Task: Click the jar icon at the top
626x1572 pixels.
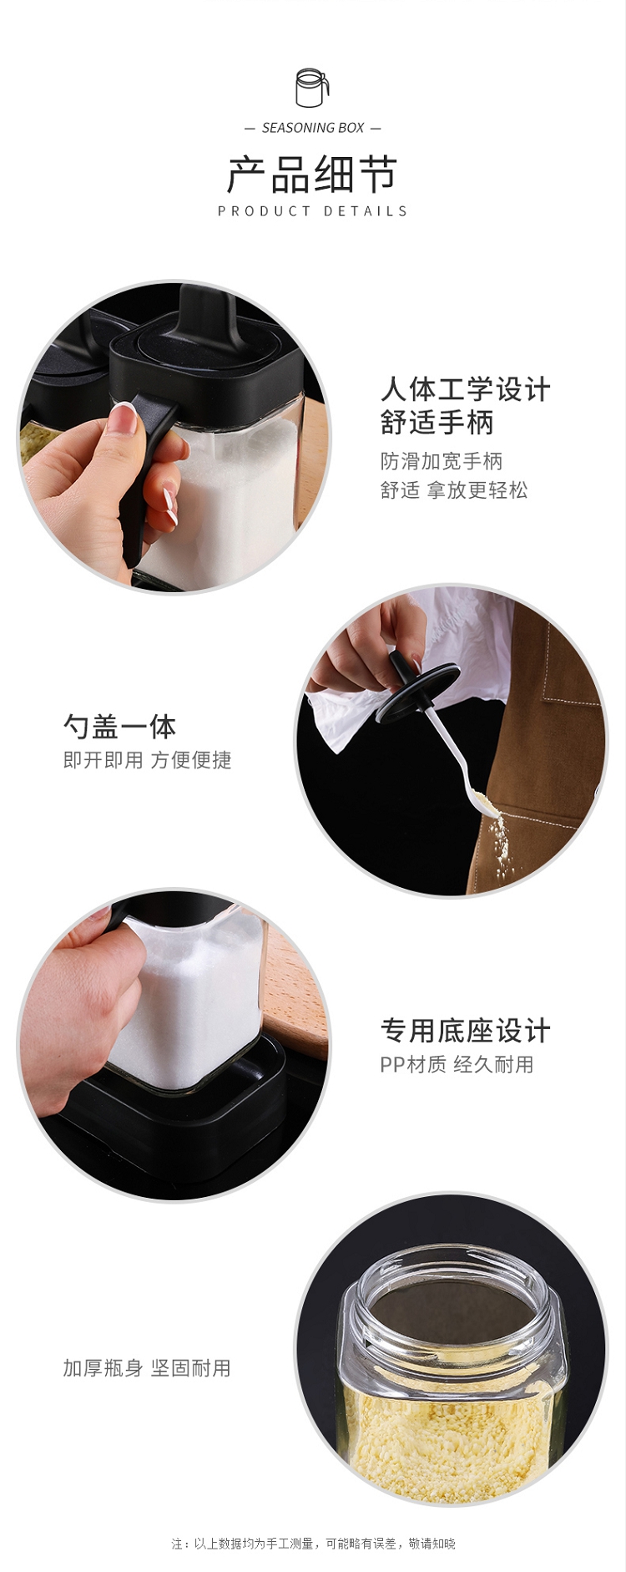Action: coord(312,88)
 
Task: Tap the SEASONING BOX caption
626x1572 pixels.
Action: coord(313,128)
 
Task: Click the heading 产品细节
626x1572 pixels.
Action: coord(312,175)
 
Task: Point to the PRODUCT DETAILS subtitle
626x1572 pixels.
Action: coord(312,211)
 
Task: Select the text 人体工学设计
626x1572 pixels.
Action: coord(466,389)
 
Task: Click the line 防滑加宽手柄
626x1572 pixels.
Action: coord(442,461)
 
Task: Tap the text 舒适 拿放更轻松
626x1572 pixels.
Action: coord(454,490)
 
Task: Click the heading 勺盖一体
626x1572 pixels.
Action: coord(120,727)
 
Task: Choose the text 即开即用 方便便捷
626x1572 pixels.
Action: coord(147,760)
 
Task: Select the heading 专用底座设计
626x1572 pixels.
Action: coord(466,1032)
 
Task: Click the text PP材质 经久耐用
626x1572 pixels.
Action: coord(457,1065)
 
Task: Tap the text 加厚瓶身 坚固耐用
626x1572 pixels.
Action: coord(147,1368)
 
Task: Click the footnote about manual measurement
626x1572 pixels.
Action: coord(313,1544)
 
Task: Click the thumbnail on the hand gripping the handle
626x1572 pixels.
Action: coord(124,418)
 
